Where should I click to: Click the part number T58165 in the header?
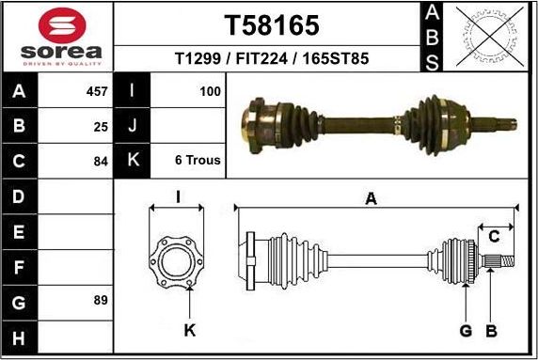coord(272,24)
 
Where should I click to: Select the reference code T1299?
coord(198,59)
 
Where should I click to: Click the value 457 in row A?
coord(96,92)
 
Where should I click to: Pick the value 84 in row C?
coord(101,160)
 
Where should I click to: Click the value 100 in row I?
coord(210,92)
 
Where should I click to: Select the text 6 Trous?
coord(198,160)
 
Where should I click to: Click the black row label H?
coord(21,337)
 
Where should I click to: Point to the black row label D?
coord(21,196)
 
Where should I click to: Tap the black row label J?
coord(132,126)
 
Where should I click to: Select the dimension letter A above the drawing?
coord(372,198)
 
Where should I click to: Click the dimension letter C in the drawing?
coord(494,237)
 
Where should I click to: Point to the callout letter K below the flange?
coord(189,330)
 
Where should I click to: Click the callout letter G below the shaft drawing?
coord(466,330)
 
